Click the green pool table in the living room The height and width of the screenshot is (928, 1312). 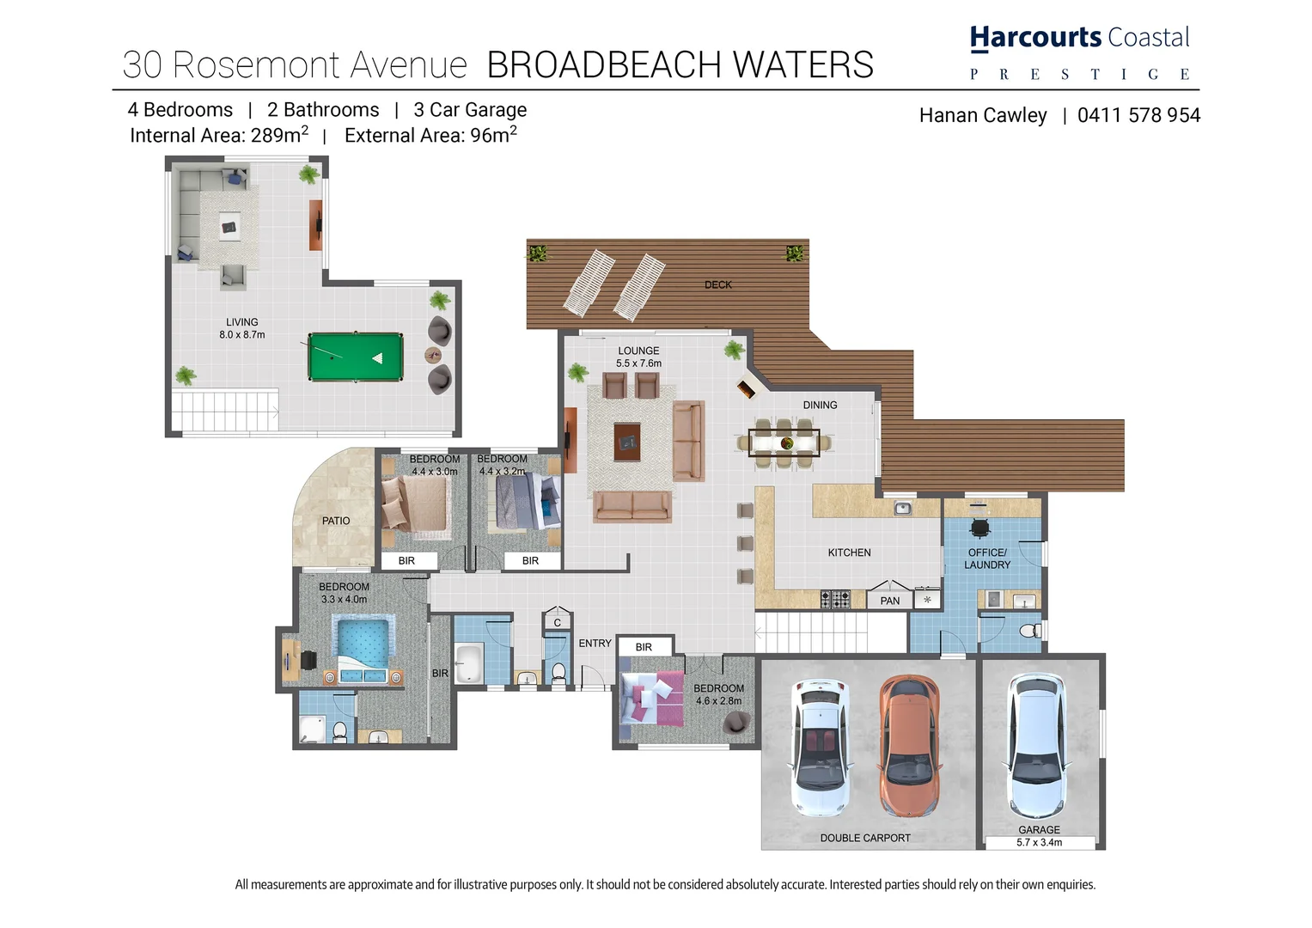[356, 357]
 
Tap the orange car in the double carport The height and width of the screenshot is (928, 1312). [909, 745]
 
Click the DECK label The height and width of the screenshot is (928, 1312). [717, 285]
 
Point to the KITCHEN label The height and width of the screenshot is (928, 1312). [849, 553]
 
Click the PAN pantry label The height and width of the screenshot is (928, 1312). [889, 601]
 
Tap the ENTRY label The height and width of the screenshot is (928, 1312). [595, 643]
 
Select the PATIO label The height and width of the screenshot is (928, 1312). [336, 521]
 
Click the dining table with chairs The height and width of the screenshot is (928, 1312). [784, 443]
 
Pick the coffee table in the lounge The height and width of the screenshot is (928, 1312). [627, 442]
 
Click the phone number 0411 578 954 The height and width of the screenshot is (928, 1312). [1138, 116]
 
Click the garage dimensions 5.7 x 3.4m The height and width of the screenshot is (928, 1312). [1039, 843]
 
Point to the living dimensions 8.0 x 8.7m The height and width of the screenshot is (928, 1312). [241, 335]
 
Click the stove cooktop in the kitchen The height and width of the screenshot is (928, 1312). [834, 599]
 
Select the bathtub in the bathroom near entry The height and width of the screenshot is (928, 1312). [468, 663]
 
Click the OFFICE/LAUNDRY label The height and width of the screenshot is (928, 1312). [987, 559]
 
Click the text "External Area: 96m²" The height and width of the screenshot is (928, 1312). [430, 136]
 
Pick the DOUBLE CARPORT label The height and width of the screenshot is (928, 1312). [864, 838]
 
